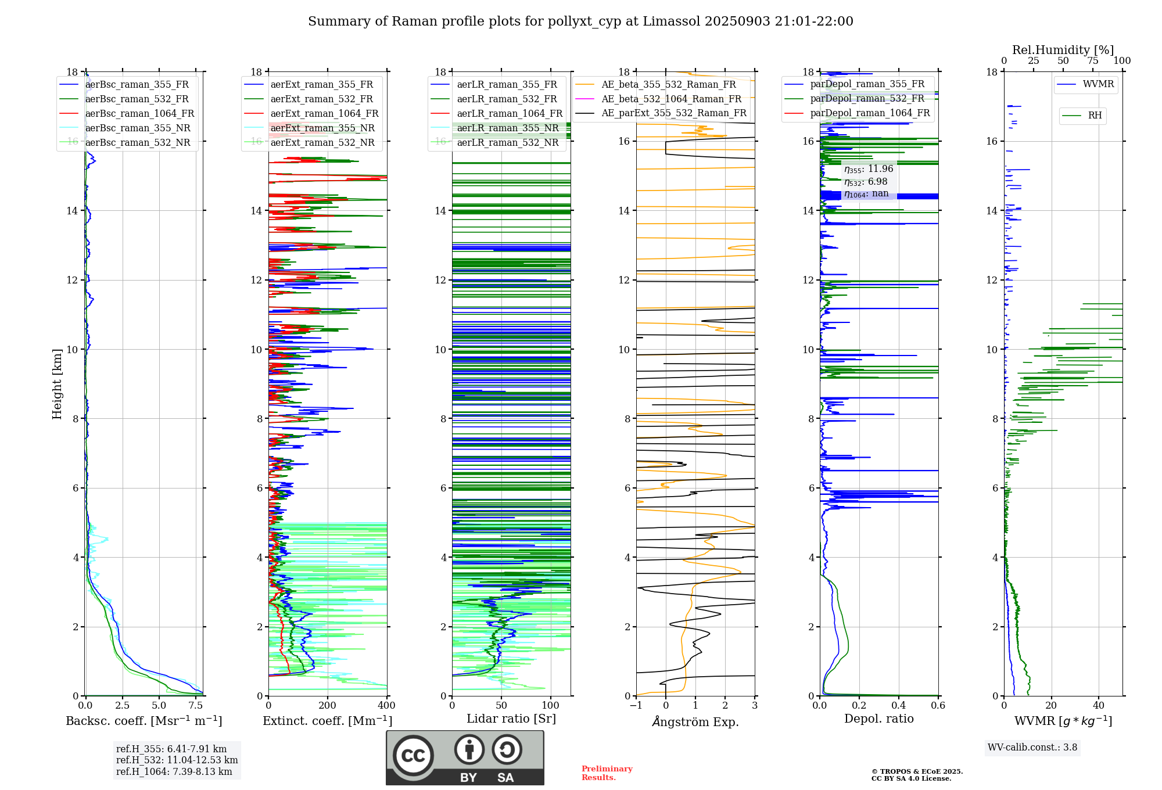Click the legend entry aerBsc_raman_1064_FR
coord(139,114)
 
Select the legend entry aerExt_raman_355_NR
coord(322,128)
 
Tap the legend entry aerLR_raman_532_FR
coord(507,99)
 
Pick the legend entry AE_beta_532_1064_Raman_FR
coord(671,99)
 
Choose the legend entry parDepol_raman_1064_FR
coord(870,113)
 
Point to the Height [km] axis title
coord(57,384)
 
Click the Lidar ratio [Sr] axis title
coord(511,719)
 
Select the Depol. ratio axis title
coord(878,719)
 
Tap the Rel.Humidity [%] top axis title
coord(1063,50)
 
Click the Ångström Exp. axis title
coord(695,722)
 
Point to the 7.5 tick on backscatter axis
coord(196,706)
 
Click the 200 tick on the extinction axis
coord(328,706)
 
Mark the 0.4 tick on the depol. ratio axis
coord(899,706)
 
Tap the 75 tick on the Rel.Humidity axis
coord(1093,61)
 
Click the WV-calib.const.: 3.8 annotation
coord(1032,748)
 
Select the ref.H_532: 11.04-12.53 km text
coord(177,760)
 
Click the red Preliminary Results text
coord(607,773)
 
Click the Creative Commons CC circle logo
coord(413,756)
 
